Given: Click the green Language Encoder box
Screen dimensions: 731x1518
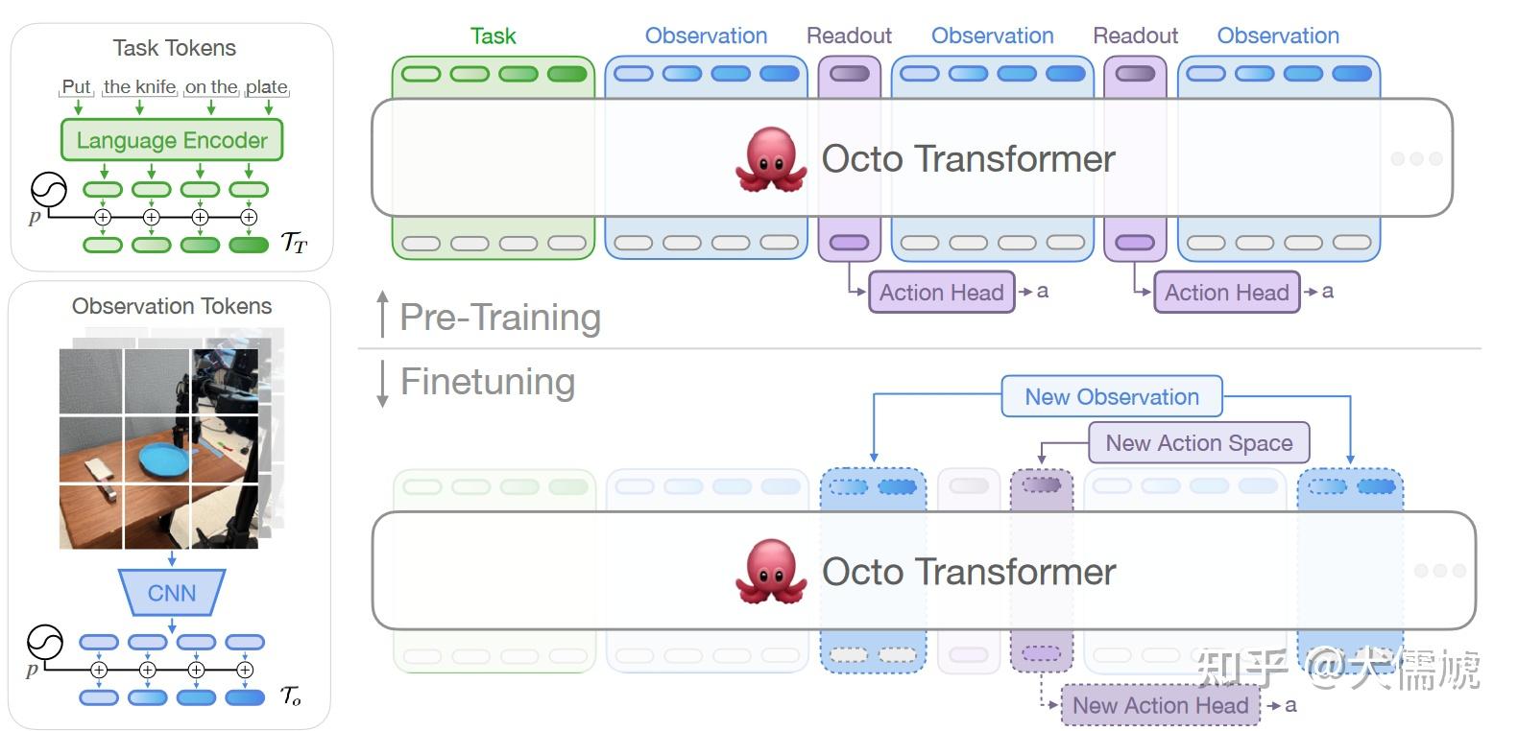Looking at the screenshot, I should (x=172, y=140).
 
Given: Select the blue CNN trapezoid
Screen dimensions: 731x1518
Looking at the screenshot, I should (x=172, y=593).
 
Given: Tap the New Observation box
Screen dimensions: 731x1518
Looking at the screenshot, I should (x=1112, y=397).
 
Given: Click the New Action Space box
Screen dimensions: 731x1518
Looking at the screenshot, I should (x=1198, y=442).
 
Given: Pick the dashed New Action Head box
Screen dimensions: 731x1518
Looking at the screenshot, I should (x=1160, y=705).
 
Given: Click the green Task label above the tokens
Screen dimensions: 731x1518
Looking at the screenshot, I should (x=493, y=36).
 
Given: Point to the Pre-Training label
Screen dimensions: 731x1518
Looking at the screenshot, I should (x=500, y=318).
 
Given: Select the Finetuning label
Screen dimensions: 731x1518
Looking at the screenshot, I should (x=488, y=382).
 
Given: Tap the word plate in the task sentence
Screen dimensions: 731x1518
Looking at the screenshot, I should (x=266, y=87).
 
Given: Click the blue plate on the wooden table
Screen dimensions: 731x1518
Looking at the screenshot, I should (x=165, y=459).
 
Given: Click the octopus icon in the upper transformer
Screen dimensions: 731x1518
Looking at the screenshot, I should (x=770, y=159).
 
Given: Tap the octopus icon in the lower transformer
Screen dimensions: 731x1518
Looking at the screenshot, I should (x=770, y=572).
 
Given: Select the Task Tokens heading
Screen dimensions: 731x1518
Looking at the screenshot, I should (x=174, y=48).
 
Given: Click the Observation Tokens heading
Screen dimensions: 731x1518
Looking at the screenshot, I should (x=172, y=306).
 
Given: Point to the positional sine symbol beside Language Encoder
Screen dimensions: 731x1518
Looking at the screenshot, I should (x=48, y=189).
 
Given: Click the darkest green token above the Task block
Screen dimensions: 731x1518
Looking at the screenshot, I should (x=566, y=74).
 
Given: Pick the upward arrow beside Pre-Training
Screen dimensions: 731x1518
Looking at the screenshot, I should (x=383, y=313).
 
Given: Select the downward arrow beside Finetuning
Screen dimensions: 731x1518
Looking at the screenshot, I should (x=383, y=384).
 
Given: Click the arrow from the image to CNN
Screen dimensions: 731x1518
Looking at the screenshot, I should (x=172, y=558).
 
